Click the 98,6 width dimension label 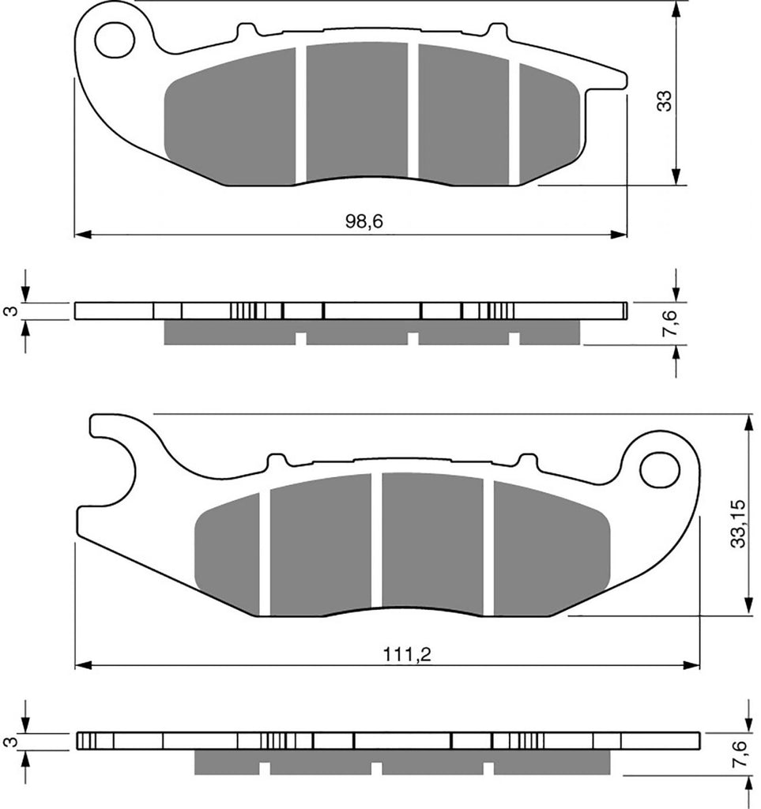pos(364,222)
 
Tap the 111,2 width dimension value pos(406,655)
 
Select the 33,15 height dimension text pos(738,524)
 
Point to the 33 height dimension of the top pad pos(665,100)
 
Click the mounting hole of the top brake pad pos(115,40)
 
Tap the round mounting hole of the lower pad pos(659,469)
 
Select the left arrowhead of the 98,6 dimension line pos(83,234)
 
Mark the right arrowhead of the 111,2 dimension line pos(691,665)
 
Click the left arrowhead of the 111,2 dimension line pos(83,665)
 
